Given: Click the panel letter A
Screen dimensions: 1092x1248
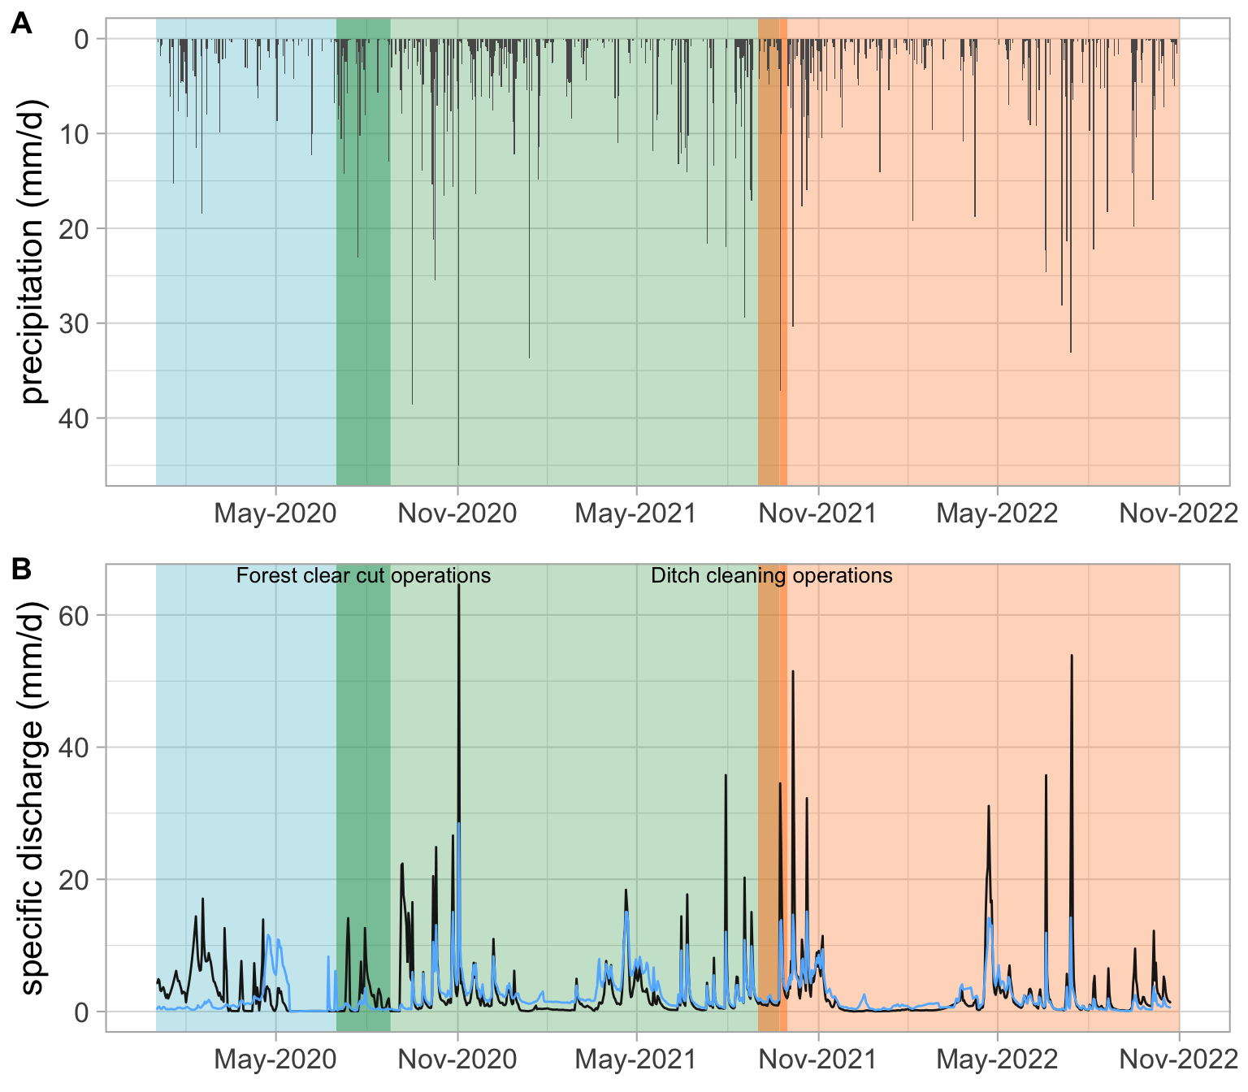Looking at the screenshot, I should (x=21, y=24).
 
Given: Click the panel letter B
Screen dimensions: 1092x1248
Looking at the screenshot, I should (x=21, y=569).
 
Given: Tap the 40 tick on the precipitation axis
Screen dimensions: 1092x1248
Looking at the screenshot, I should (x=76, y=418).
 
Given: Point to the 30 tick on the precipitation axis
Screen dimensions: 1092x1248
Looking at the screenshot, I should (x=76, y=323).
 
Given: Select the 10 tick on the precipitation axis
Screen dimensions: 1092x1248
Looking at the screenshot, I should (x=76, y=133).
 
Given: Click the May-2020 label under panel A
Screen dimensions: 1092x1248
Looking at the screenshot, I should (x=275, y=513).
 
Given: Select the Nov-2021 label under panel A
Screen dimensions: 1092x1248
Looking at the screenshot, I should (x=818, y=513).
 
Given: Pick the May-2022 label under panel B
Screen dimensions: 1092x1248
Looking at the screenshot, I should (x=997, y=1059).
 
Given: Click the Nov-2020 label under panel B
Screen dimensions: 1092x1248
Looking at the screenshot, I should (x=457, y=1059).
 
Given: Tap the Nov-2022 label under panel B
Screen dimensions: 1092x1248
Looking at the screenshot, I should (x=1178, y=1059).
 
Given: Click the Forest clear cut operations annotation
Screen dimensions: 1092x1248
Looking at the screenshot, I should (x=363, y=576).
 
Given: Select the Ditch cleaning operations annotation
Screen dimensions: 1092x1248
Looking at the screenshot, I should (x=772, y=576).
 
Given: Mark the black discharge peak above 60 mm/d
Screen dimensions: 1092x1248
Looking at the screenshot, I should (x=459, y=587).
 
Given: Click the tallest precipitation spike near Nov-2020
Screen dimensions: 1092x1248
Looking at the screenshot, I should (x=459, y=463).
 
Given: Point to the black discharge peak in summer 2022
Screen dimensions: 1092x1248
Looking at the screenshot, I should (x=1072, y=656).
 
